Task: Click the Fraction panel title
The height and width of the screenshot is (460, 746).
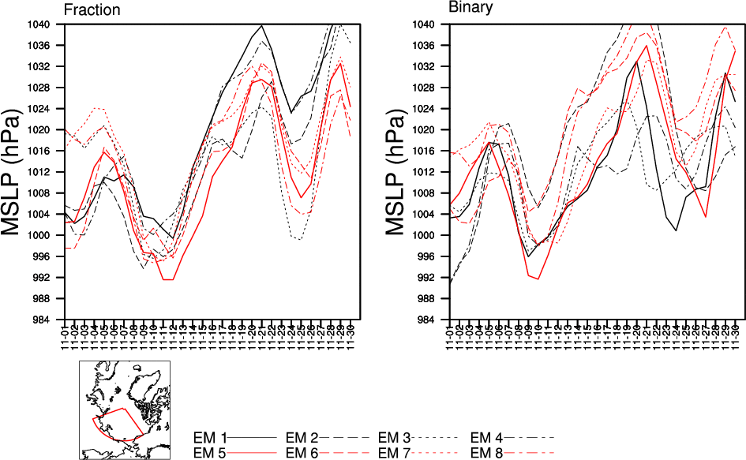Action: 92,10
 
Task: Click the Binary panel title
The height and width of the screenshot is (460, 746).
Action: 471,9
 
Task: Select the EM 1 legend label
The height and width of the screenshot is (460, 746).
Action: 210,437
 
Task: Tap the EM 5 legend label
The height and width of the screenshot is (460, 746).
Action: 210,452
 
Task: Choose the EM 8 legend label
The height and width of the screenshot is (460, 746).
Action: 487,452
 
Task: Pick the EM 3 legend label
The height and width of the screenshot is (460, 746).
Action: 395,437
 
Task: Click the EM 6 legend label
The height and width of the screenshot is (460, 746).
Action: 302,452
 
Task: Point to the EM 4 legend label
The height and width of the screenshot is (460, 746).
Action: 487,437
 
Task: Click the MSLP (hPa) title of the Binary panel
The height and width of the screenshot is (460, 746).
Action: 399,172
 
